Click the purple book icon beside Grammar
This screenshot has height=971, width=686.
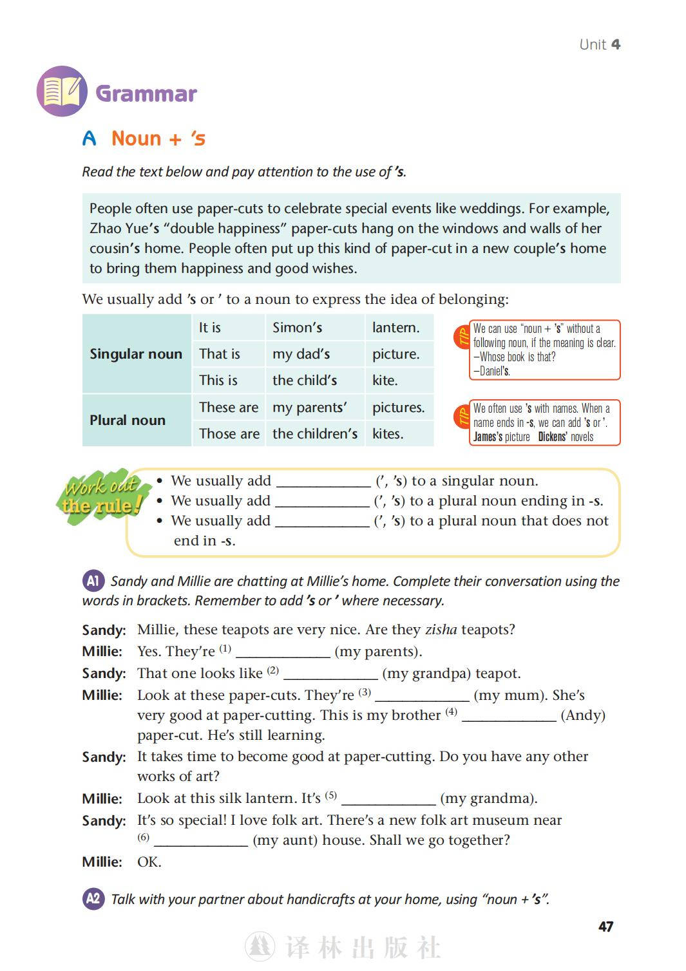point(62,91)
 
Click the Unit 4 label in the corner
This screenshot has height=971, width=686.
point(599,44)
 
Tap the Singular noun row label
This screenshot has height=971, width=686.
point(136,354)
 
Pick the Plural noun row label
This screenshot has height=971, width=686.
point(128,420)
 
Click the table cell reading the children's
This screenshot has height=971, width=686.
point(314,434)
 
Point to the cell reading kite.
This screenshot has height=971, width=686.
point(385,381)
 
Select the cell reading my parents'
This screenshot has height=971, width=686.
point(309,408)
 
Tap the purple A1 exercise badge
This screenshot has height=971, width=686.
point(93,581)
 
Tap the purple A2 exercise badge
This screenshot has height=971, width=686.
point(93,899)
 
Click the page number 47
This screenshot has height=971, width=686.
point(605,927)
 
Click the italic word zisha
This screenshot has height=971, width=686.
point(441,630)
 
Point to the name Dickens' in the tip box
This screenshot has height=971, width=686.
point(552,437)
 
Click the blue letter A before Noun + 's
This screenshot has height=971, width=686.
point(90,138)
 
